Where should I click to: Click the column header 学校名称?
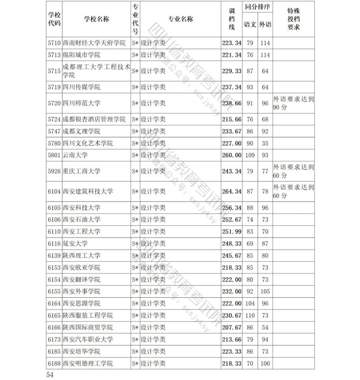(96, 19)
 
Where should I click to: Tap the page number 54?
(50, 375)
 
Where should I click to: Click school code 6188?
(54, 364)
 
